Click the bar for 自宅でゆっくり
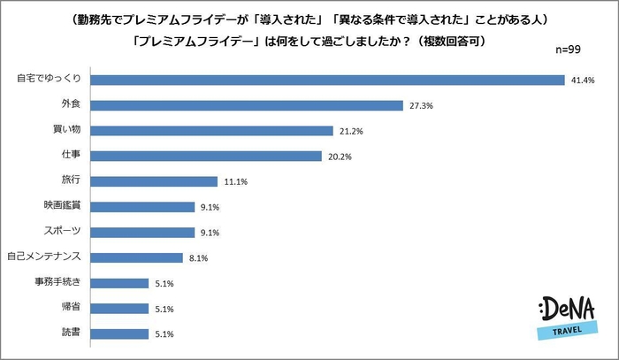click(328, 80)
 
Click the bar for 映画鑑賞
click(143, 208)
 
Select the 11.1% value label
click(235, 182)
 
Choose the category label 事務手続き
click(61, 284)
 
